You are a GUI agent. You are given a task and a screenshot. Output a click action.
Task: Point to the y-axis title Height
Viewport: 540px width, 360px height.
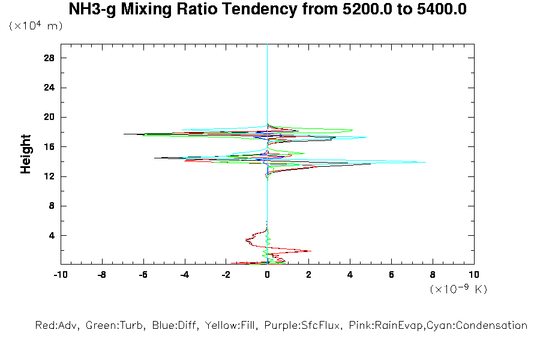pyautogui.click(x=26, y=154)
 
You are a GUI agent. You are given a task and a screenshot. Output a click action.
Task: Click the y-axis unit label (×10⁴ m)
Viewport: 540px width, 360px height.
pyautogui.click(x=35, y=26)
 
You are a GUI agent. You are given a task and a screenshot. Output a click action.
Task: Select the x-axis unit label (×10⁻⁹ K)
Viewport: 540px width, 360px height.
pyautogui.click(x=458, y=289)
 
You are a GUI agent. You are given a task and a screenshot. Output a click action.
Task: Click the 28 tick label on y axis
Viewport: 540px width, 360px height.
pyautogui.click(x=50, y=58)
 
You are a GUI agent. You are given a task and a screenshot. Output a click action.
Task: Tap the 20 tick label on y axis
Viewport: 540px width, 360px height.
pyautogui.click(x=50, y=117)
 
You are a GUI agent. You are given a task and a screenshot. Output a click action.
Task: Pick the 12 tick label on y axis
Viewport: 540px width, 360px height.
pyautogui.click(x=50, y=176)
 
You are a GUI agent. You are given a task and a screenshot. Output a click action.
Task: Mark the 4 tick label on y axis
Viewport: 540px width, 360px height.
pyautogui.click(x=52, y=235)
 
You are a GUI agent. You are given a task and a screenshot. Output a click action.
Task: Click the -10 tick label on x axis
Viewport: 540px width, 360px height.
pyautogui.click(x=60, y=275)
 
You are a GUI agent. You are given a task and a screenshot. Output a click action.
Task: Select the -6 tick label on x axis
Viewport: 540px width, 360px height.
pyautogui.click(x=143, y=275)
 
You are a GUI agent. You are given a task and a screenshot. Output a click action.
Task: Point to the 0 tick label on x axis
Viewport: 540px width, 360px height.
pyautogui.click(x=268, y=275)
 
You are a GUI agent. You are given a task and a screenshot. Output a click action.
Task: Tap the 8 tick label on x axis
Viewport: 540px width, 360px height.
pyautogui.click(x=433, y=275)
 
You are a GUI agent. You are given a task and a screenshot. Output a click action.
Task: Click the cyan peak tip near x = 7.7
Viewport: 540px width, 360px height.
pyautogui.click(x=425, y=162)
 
